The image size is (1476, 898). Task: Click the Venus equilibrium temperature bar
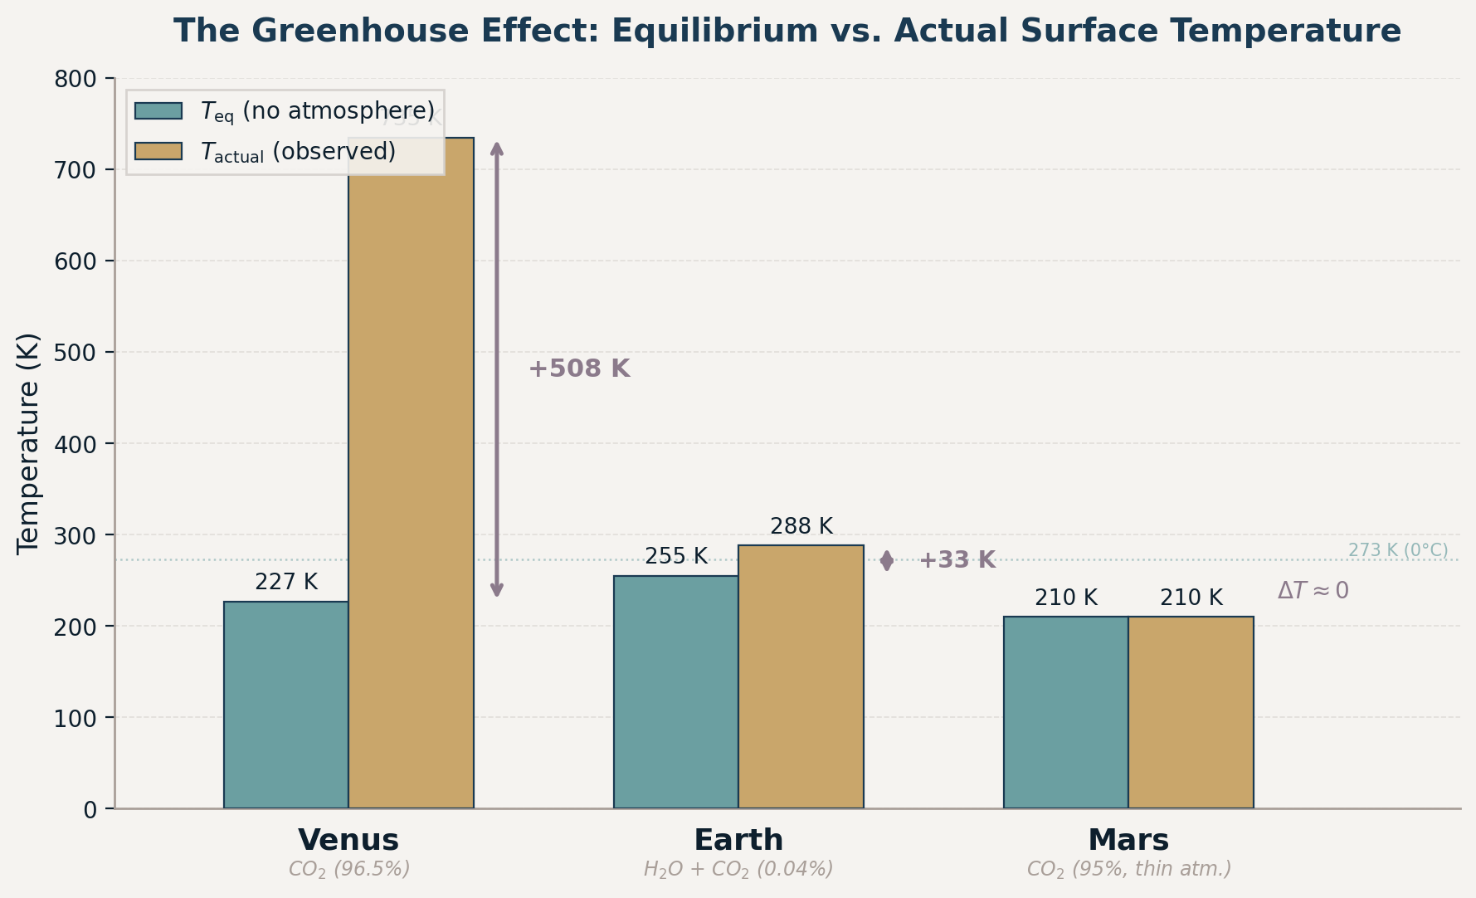point(285,705)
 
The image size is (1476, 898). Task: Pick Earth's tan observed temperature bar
point(801,676)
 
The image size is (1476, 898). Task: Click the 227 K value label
point(285,583)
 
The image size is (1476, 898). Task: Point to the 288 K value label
point(801,527)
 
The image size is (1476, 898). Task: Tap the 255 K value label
point(675,557)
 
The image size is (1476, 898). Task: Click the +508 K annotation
point(579,369)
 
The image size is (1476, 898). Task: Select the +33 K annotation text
point(956,560)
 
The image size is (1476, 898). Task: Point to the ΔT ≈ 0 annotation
point(1313,591)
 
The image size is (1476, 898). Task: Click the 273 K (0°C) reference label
point(1397,550)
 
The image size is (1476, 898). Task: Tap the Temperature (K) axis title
point(28,443)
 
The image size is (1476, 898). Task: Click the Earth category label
point(738,840)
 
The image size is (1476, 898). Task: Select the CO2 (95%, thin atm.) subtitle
point(1128,870)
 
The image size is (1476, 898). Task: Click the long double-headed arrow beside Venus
point(496,369)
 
